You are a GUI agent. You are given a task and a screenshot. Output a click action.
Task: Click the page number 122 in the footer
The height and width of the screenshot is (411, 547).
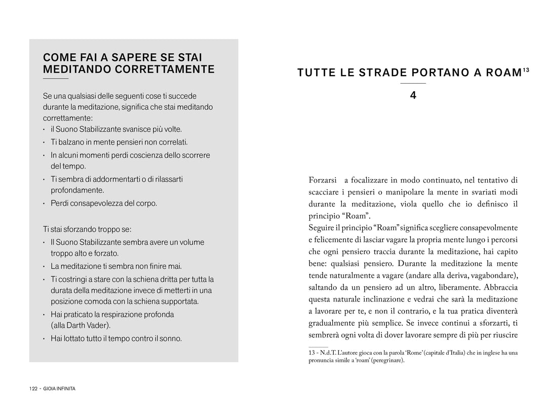click(33, 389)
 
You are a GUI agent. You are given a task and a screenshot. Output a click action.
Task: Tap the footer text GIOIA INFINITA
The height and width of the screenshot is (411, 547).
click(59, 389)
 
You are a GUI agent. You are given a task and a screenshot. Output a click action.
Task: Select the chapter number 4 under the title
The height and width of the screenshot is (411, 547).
click(413, 95)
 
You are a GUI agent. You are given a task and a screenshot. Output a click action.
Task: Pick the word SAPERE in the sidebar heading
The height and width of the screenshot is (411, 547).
click(134, 57)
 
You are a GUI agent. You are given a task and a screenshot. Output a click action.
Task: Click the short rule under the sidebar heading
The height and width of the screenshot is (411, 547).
click(55, 79)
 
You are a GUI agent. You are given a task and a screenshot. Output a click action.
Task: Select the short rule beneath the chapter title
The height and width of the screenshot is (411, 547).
click(413, 83)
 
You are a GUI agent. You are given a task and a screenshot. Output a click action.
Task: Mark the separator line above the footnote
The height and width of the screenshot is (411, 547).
click(318, 347)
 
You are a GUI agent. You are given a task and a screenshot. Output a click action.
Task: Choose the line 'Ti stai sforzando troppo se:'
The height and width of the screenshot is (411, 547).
click(87, 229)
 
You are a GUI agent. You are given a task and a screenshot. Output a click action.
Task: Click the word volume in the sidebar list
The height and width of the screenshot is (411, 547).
click(190, 242)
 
